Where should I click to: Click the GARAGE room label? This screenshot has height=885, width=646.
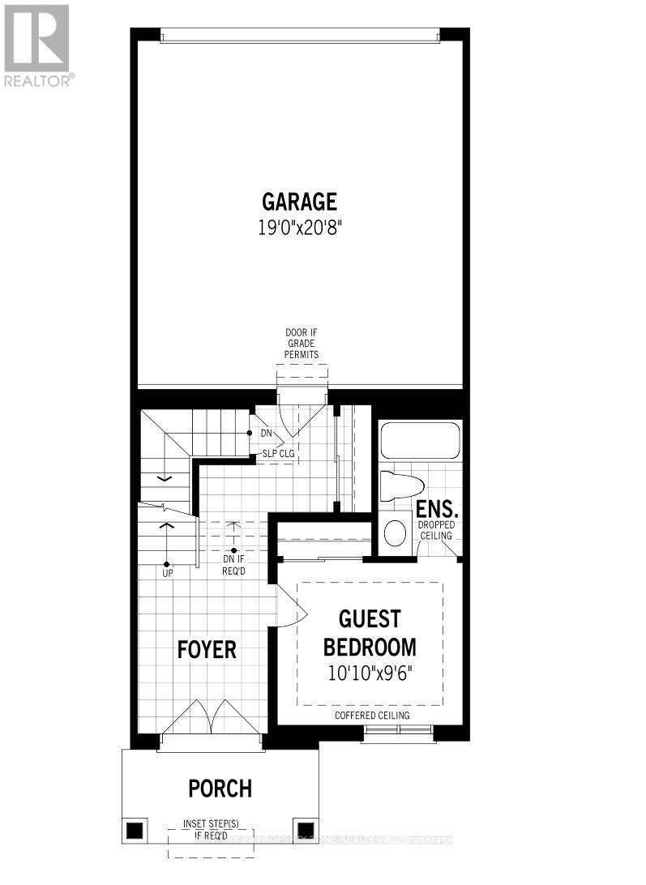299,201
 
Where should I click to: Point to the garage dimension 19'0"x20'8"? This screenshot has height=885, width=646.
299,228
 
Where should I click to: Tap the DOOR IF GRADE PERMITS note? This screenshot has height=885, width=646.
302,344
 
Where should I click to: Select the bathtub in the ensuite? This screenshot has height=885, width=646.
420,440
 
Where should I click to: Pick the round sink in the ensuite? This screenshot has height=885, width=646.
395,532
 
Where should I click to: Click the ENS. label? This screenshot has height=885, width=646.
438,511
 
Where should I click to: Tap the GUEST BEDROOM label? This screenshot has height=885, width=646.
370,633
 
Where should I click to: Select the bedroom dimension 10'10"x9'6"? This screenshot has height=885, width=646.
370,673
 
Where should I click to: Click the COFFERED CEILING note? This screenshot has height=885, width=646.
372,716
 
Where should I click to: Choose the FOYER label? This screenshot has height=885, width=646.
207,649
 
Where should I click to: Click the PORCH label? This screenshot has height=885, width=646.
220,788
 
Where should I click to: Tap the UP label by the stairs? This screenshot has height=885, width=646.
167,572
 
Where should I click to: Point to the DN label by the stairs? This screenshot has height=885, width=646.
266,434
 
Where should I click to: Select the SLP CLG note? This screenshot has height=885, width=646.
277,453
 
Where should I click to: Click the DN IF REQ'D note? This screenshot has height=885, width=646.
233,563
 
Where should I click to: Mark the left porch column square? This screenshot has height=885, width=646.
135,830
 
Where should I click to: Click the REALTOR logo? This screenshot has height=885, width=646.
37,45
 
